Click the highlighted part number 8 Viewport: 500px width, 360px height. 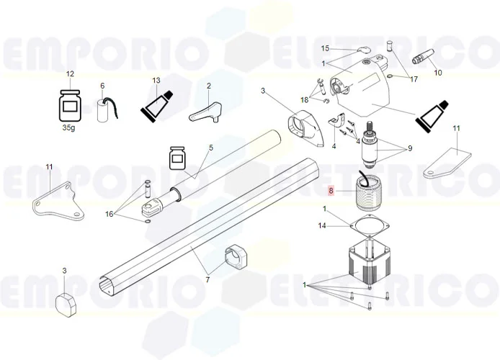coord(331,192)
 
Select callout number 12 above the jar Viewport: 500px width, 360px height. coord(70,74)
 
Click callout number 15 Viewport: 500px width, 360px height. coord(325,48)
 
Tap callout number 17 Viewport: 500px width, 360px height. coord(414,79)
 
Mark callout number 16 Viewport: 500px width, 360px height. coord(109,214)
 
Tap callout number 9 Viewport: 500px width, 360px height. coord(409,149)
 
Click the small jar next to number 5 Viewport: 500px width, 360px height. coord(177,158)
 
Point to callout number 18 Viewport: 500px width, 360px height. coord(305,99)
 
